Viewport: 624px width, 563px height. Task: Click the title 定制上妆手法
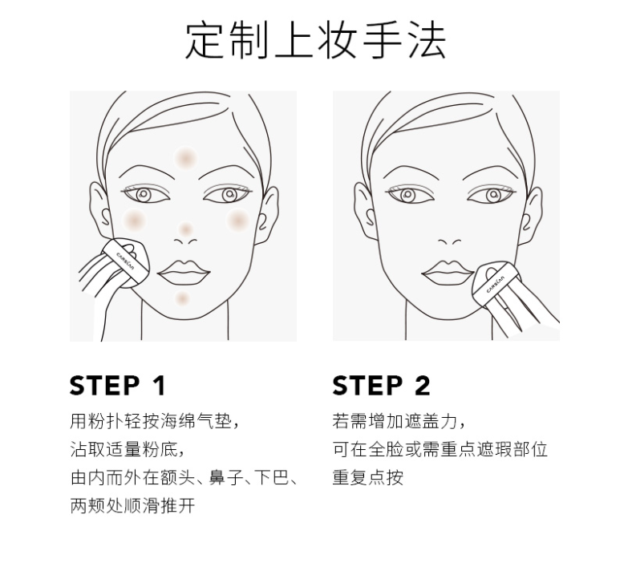315,40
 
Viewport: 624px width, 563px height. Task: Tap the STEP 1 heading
117,386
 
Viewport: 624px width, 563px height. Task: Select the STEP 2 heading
381,386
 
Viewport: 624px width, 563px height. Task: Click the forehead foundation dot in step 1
185,158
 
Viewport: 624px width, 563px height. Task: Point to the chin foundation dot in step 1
182,298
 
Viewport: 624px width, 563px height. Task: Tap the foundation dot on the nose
185,229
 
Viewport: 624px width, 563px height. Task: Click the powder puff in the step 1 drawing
126,262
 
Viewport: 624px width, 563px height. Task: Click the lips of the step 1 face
184,273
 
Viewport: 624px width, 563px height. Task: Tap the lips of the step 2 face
448,273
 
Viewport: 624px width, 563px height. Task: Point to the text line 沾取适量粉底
128,449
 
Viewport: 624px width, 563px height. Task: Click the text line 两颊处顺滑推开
132,505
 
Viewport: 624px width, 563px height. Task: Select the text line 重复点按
367,477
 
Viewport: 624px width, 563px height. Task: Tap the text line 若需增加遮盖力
399,421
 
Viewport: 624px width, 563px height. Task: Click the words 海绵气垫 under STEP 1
196,421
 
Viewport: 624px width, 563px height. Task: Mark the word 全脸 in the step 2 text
385,449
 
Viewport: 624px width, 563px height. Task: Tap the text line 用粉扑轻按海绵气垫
155,421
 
